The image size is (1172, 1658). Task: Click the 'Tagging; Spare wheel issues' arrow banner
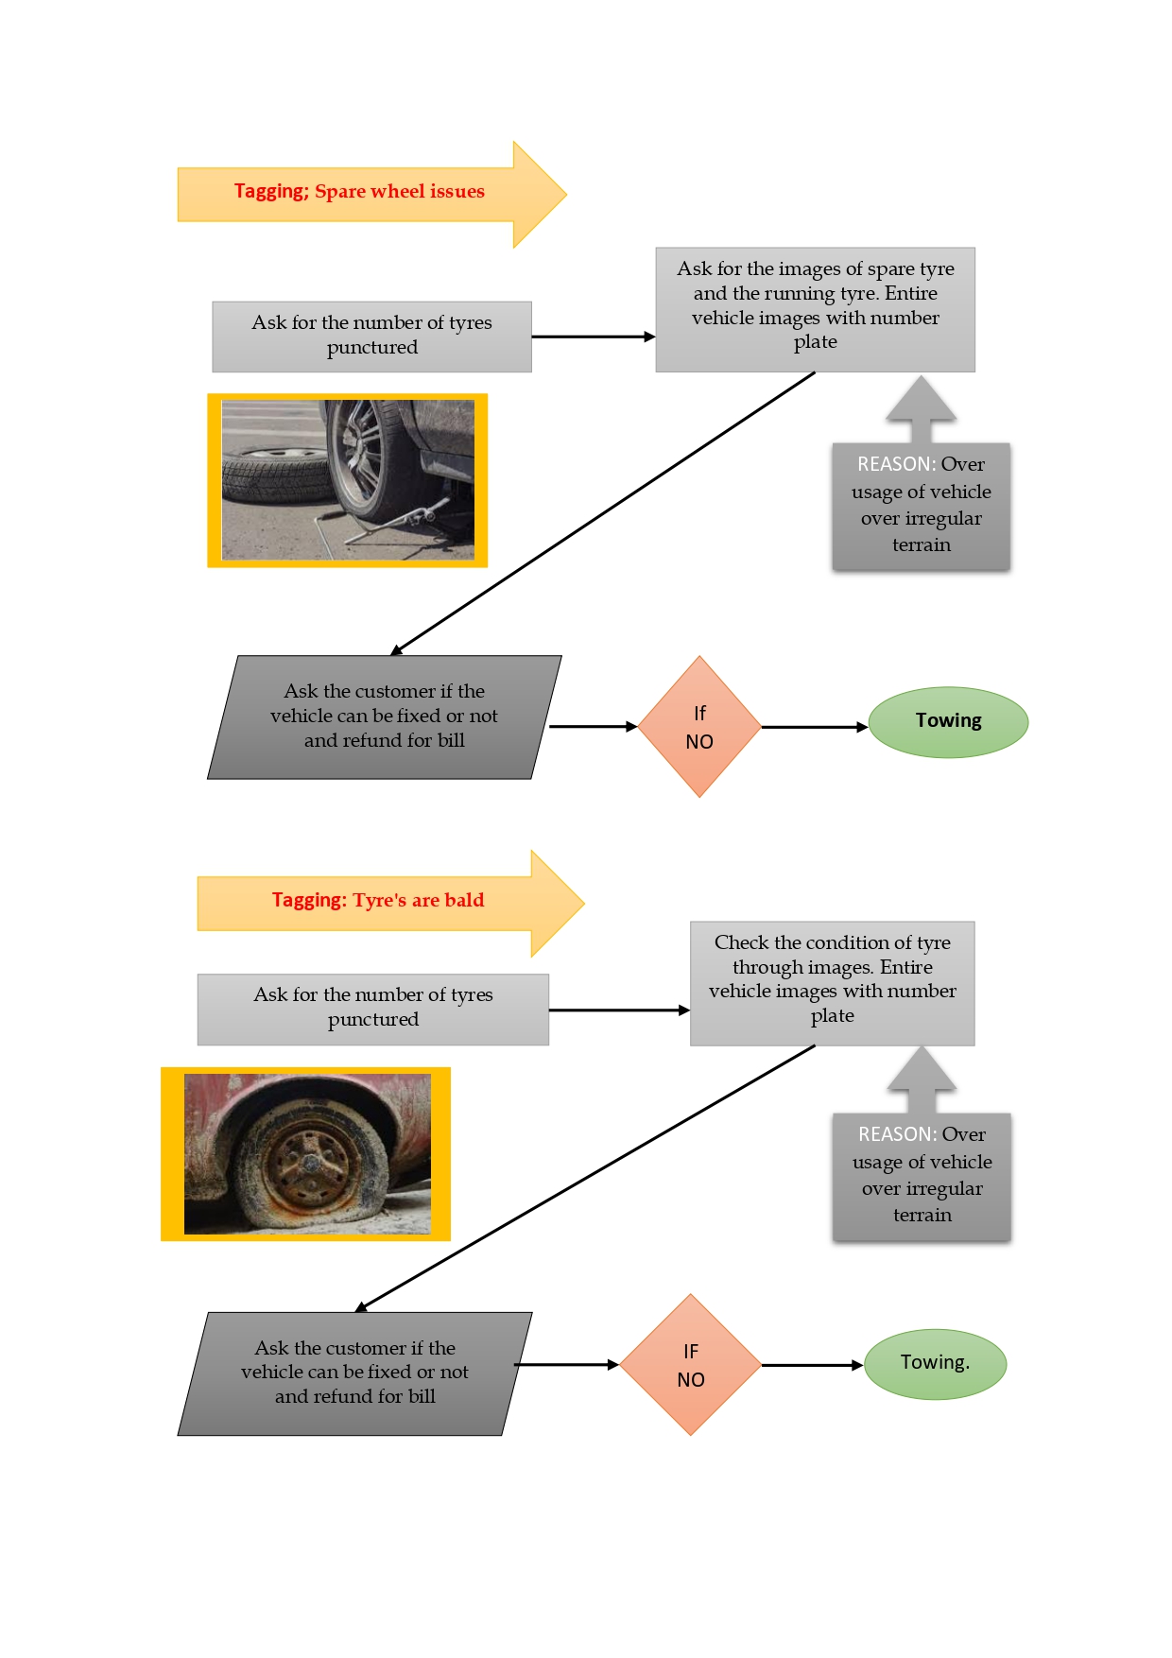359,193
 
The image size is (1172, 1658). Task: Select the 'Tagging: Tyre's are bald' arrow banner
378,901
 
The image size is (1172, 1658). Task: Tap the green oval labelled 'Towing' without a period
948,722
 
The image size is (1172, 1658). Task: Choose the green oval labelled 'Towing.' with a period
935,1364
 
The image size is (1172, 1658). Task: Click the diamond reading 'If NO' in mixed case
699,727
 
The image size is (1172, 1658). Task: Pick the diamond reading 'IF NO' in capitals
691,1365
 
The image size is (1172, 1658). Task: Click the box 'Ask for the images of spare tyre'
815,309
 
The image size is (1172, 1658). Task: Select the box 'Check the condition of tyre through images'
832,983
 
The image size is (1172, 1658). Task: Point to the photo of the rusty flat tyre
306,1153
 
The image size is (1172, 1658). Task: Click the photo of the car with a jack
348,480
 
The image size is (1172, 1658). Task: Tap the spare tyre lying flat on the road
274,473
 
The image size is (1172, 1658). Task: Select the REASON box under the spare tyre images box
922,507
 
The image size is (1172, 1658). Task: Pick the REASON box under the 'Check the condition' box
922,1177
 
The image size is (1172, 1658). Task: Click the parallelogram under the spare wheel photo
384,717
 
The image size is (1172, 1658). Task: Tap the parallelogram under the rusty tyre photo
354,1373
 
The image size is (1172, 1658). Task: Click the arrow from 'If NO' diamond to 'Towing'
814,727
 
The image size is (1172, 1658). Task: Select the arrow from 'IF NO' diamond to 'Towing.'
812,1365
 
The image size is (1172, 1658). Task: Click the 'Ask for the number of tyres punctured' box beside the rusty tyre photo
372,1010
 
